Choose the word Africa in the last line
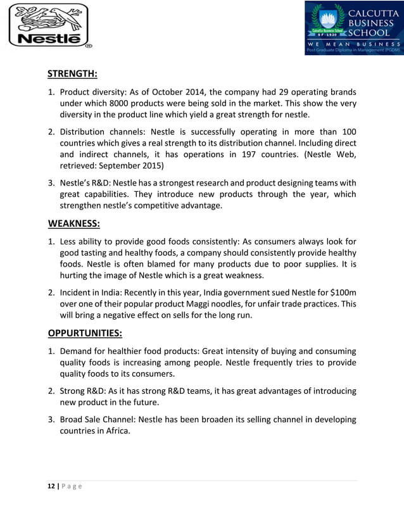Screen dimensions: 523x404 click(x=116, y=431)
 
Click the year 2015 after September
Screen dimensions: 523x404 click(x=152, y=167)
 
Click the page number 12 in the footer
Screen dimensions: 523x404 click(x=51, y=486)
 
